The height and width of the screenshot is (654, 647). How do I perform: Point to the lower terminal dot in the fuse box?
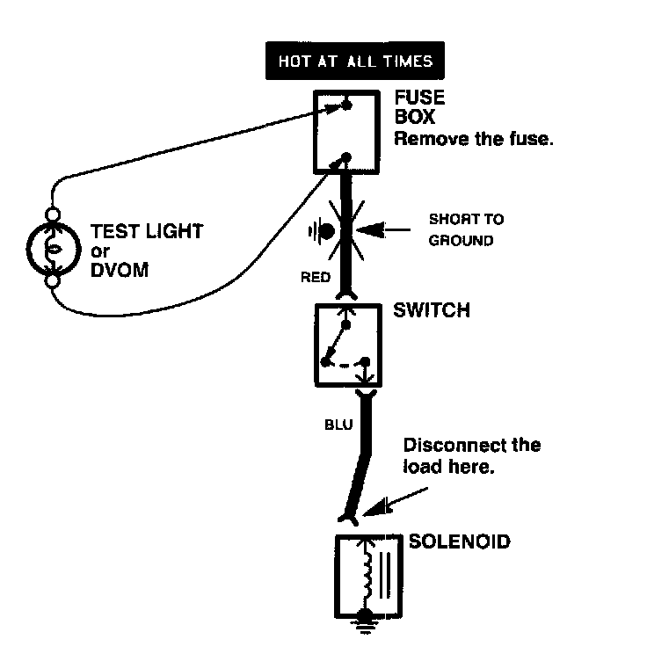click(x=346, y=158)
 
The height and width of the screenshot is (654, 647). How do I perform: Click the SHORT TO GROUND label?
click(x=466, y=229)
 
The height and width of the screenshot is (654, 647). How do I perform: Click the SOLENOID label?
click(x=459, y=541)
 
